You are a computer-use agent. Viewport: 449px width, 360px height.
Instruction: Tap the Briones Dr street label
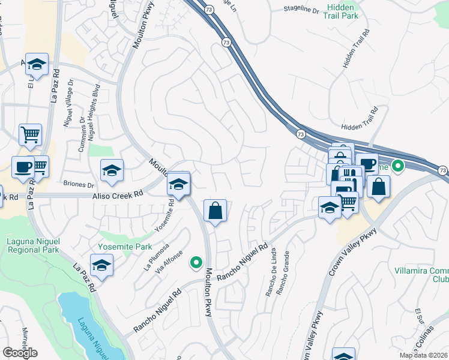(x=79, y=185)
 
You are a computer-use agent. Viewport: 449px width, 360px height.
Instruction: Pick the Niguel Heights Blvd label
(x=94, y=117)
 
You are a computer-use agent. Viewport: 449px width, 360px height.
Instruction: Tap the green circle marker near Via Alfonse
(x=195, y=262)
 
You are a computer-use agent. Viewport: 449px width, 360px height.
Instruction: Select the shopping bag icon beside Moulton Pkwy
(x=215, y=211)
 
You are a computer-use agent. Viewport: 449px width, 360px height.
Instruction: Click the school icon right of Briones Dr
(x=112, y=171)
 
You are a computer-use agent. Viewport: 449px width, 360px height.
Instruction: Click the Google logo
(x=20, y=352)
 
